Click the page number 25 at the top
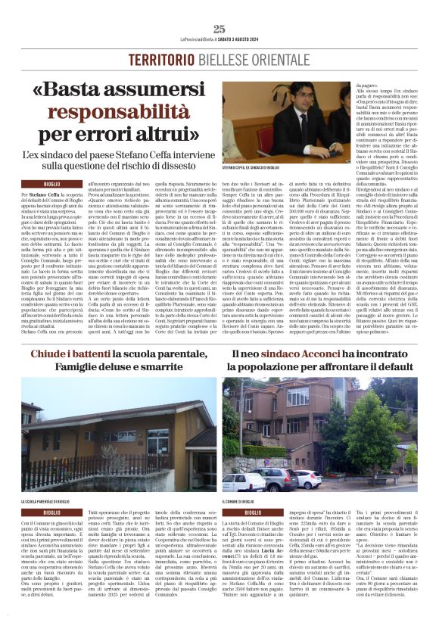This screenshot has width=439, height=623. click(x=219, y=29)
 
